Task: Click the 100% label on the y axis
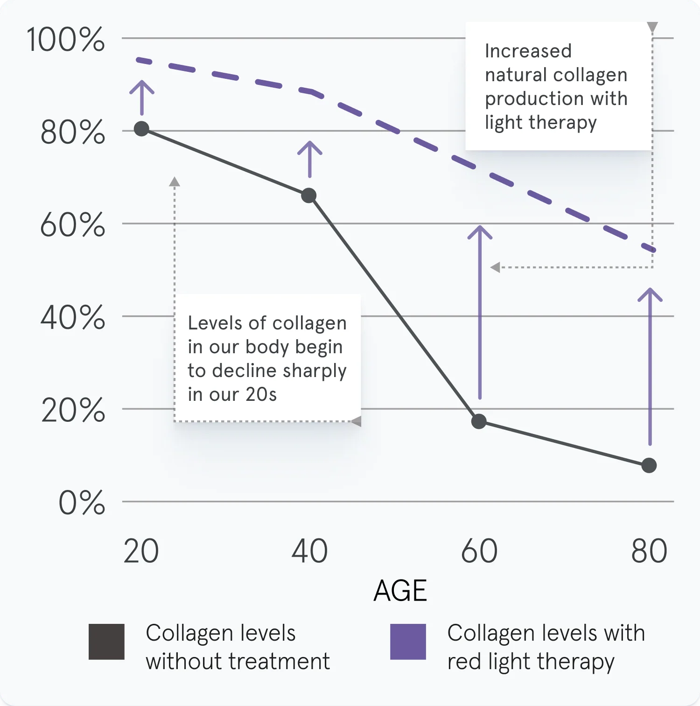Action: [x=65, y=40]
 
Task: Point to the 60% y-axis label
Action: [x=72, y=225]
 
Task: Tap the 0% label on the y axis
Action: [x=82, y=503]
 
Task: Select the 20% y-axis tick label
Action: [x=73, y=411]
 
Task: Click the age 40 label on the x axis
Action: [x=309, y=551]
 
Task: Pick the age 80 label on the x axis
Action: [x=649, y=551]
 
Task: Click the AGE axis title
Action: [x=400, y=591]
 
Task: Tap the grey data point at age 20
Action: [x=141, y=129]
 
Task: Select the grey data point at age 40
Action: [x=308, y=196]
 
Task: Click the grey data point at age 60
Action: [x=479, y=421]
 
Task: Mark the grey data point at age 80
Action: [x=649, y=465]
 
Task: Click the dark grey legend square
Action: [x=106, y=642]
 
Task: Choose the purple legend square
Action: [x=408, y=642]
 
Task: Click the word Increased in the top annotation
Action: [x=528, y=51]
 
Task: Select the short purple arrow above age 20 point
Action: [x=142, y=97]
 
